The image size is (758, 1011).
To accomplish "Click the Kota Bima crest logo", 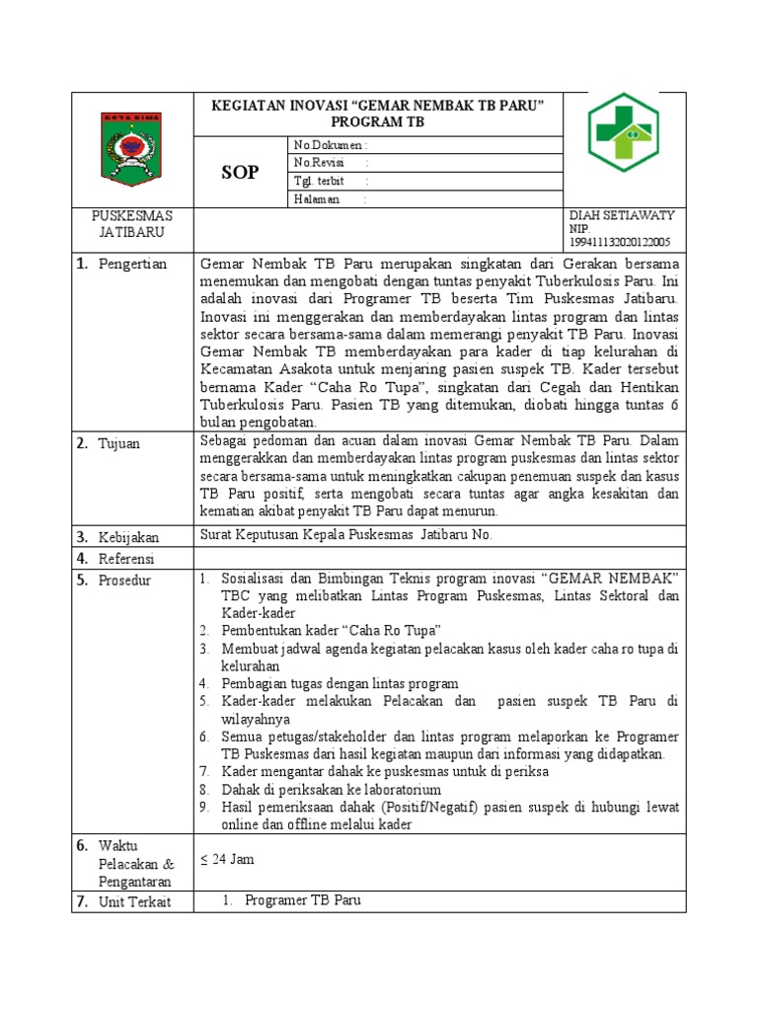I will [133, 148].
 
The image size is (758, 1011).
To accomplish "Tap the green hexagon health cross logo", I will [623, 131].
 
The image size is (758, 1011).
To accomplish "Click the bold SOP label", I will [240, 172].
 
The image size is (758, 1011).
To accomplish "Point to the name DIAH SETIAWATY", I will [622, 215].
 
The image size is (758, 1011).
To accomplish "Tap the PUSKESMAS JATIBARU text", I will [132, 224].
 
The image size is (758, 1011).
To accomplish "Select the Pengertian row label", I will [132, 264].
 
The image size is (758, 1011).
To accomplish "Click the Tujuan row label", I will [118, 443].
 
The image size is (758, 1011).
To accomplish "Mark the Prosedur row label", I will [124, 581].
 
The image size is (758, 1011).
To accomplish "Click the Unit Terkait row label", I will [133, 902].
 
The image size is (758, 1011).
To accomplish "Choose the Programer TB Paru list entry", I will [302, 900].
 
